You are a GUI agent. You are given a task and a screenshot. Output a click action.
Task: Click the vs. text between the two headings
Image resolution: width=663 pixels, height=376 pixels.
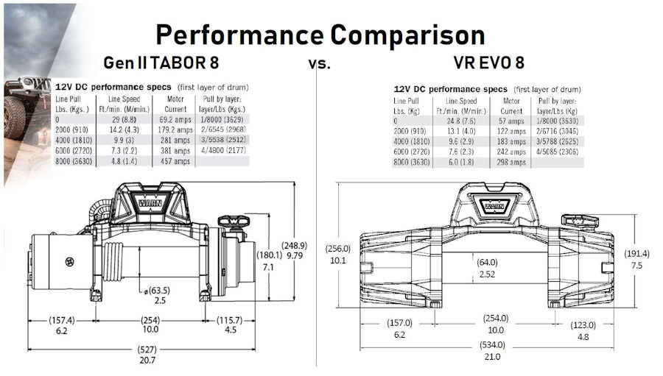(319, 63)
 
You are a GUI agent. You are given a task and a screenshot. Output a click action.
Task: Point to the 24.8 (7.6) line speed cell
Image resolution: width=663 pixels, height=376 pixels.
(459, 121)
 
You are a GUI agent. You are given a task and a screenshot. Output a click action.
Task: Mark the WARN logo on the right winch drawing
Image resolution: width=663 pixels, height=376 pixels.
(494, 205)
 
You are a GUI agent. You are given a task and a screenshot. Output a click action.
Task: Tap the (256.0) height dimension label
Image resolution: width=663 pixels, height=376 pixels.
(337, 249)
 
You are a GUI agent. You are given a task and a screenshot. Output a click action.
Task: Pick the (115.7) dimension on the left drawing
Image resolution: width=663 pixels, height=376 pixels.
(231, 320)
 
